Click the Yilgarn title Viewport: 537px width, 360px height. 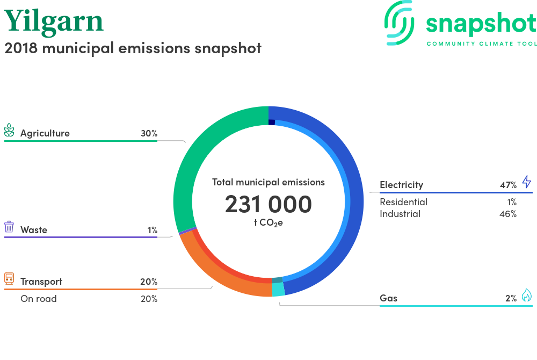tap(53, 22)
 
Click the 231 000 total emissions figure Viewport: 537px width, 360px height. tap(268, 204)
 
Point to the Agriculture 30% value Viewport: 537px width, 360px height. tap(149, 133)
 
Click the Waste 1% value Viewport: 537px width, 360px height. tap(153, 230)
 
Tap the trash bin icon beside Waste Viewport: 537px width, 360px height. tap(9, 227)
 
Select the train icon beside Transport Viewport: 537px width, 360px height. tap(9, 278)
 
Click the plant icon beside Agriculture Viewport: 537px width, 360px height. tap(9, 130)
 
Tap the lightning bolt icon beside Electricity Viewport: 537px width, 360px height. tap(527, 182)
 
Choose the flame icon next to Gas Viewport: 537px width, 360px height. tap(527, 295)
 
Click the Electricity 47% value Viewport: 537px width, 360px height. tap(508, 185)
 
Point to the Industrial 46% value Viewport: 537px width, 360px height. tap(508, 214)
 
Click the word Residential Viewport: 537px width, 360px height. tap(403, 202)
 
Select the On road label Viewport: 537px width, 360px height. tap(39, 299)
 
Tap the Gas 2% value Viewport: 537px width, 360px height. tap(511, 298)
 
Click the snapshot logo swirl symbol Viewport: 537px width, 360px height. tap(399, 23)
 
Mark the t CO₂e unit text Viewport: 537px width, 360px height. tap(268, 222)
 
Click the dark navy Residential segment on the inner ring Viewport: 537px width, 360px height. tap(272, 122)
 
